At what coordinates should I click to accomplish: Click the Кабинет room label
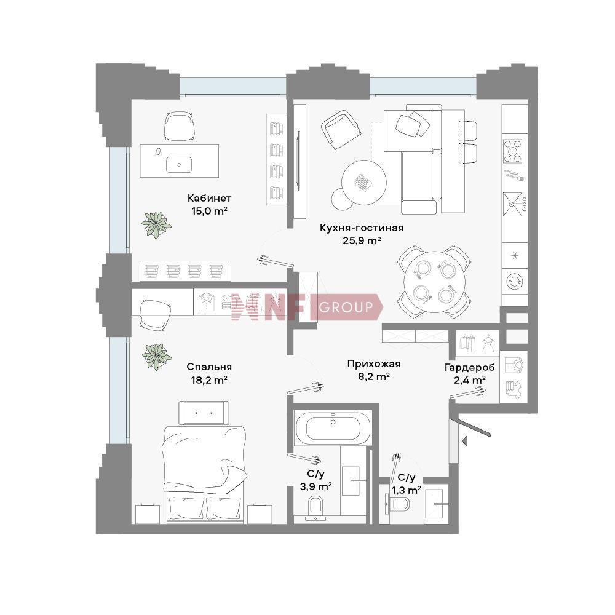[209, 198]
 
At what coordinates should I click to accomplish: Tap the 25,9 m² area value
[362, 240]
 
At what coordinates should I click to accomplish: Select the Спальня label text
[209, 367]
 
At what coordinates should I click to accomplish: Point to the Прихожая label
[374, 364]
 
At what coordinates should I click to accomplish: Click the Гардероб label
[469, 368]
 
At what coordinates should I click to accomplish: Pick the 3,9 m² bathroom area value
[315, 486]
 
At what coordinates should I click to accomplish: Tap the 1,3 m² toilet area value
[407, 490]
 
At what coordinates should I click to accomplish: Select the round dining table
[434, 282]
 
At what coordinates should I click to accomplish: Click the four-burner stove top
[513, 151]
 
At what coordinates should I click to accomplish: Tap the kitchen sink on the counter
[514, 204]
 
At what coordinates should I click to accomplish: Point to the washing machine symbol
[514, 281]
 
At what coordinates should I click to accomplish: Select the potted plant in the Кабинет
[156, 224]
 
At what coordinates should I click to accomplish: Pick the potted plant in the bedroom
[157, 357]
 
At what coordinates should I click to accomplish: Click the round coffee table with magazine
[363, 183]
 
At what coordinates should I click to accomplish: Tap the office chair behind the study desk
[179, 126]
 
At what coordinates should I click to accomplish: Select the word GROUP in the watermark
[346, 307]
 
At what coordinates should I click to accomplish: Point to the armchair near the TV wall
[340, 129]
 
